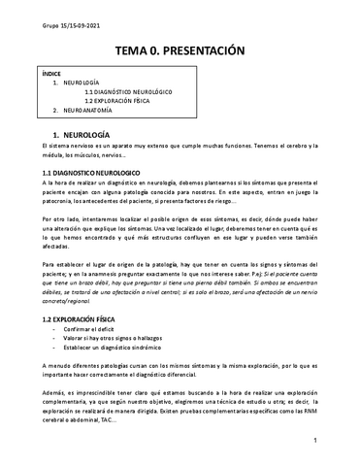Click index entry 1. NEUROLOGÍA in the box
coord(75,83)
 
